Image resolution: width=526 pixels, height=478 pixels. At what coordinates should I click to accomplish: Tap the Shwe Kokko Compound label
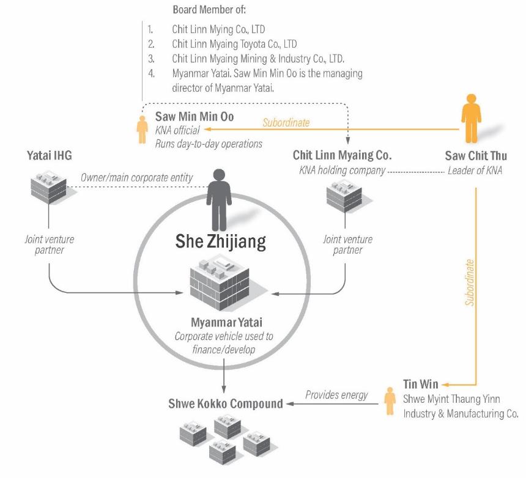click(x=226, y=403)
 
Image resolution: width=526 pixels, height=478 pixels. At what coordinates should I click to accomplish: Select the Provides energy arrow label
click(x=336, y=395)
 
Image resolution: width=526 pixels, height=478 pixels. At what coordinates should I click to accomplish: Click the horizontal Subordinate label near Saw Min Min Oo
click(x=286, y=122)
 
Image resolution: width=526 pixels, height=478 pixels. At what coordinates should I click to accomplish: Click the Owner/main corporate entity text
click(x=136, y=178)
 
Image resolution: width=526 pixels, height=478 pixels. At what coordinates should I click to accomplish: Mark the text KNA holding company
click(x=342, y=171)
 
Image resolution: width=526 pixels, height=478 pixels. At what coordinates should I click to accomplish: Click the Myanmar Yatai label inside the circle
click(x=222, y=322)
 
